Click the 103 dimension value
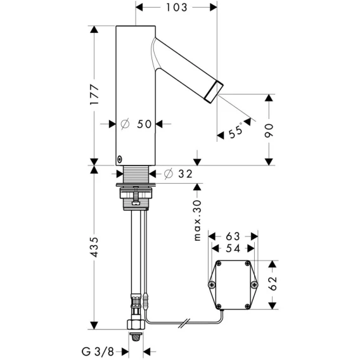click(177, 8)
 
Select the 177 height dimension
click(94, 94)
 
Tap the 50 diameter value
click(145, 124)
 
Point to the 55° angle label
click(236, 131)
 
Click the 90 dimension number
click(269, 131)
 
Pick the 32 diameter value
click(185, 174)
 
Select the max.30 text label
click(198, 221)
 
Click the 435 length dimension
click(94, 247)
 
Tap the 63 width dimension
click(233, 236)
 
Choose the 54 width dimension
click(233, 248)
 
